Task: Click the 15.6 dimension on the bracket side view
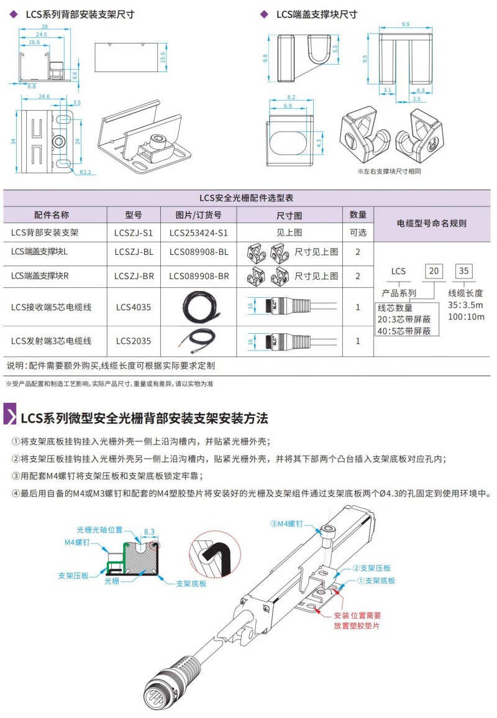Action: [x=163, y=58]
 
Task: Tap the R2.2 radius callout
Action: [x=85, y=172]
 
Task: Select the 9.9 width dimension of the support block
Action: [x=405, y=24]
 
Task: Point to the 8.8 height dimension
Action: [x=265, y=58]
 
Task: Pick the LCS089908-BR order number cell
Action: [x=198, y=275]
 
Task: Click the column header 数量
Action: [x=358, y=215]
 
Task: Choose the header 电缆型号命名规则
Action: [x=432, y=223]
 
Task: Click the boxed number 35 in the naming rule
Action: [x=463, y=271]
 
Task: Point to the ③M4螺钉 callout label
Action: [x=287, y=523]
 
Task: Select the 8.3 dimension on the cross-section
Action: [x=149, y=532]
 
